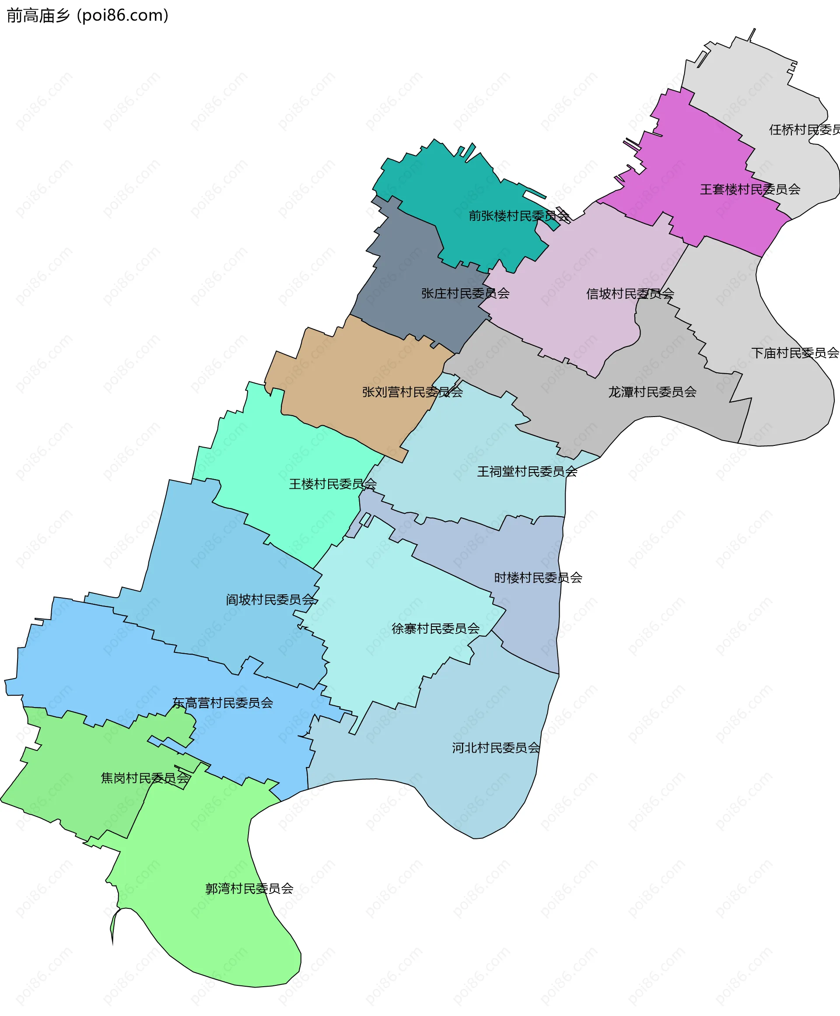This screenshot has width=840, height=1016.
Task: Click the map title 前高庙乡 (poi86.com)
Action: point(87,15)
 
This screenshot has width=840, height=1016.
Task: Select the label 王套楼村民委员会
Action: point(750,189)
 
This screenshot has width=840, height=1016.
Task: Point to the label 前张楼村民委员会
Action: point(519,216)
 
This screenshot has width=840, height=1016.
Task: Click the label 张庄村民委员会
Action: point(465,293)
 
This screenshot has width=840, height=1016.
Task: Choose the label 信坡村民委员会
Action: point(630,294)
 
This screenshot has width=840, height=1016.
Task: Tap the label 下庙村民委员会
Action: point(794,353)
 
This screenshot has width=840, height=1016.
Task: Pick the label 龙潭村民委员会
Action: point(652,392)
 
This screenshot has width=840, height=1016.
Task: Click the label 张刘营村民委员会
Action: point(412,392)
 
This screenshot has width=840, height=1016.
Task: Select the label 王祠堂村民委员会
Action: point(527,471)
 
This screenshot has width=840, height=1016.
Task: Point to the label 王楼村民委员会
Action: point(332,484)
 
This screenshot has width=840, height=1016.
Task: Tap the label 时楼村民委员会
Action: point(538,578)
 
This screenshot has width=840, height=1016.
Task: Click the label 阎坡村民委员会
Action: point(271,600)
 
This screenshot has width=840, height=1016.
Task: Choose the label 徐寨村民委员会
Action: point(435,628)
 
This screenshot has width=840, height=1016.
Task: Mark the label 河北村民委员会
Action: point(496,748)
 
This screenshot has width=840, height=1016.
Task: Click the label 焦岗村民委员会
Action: point(145,778)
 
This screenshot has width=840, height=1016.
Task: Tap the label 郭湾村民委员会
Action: point(249,889)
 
